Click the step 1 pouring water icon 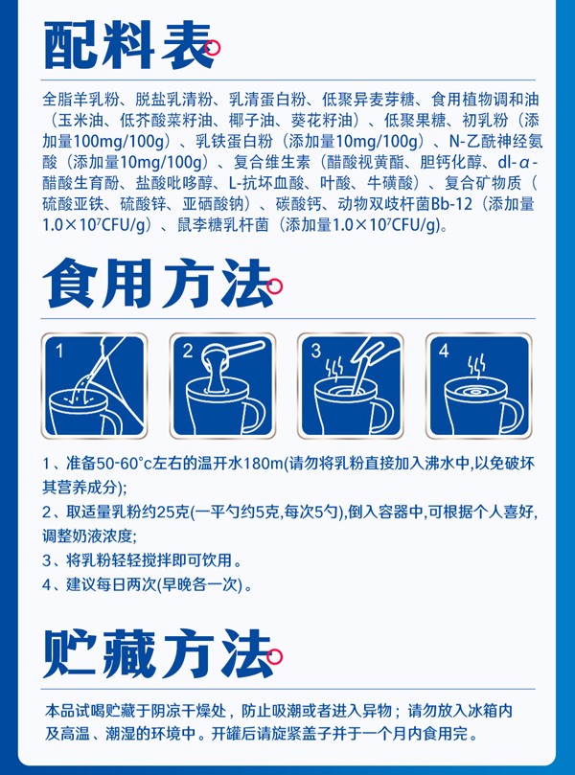[93, 383]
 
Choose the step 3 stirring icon [352, 383]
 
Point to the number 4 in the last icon [444, 350]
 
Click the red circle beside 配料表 [215, 46]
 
